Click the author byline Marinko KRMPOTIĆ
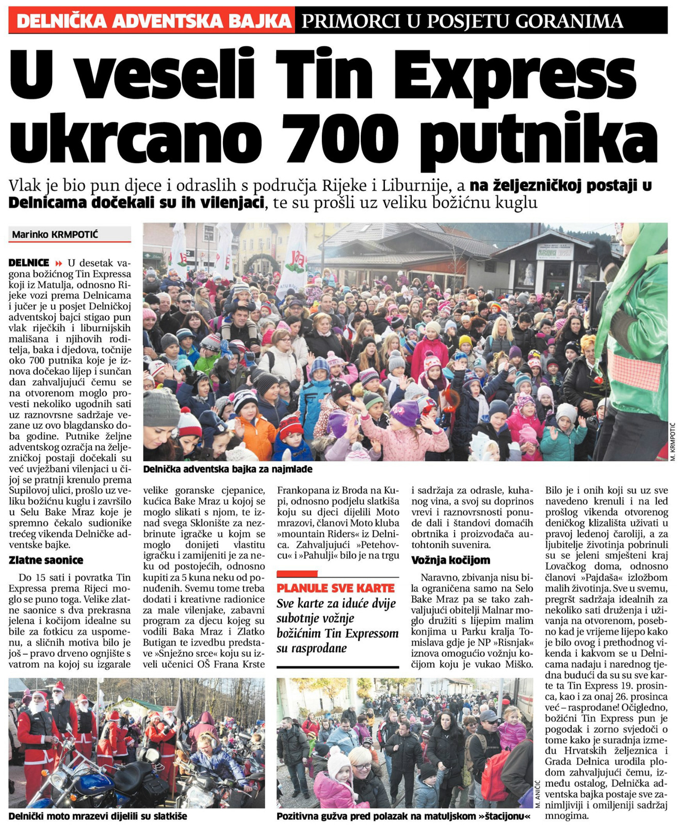55,235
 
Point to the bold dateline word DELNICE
29,262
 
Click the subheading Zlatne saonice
46,560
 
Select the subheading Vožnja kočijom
450,560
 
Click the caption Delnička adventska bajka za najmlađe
228,469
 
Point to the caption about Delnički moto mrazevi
98,816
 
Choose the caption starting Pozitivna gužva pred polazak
403,816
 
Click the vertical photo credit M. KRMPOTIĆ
672,441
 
